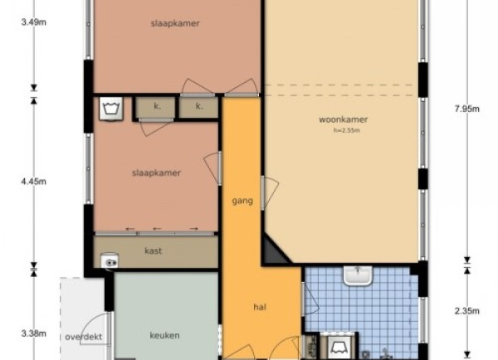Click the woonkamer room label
click(x=344, y=119)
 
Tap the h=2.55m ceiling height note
click(x=346, y=130)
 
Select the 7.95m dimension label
click(x=466, y=109)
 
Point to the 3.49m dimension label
click(x=34, y=22)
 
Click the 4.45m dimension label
click(x=34, y=182)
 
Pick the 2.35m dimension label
click(x=466, y=311)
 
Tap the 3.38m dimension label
click(x=34, y=333)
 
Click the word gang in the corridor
click(x=242, y=201)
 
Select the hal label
click(x=260, y=307)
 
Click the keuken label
click(x=164, y=335)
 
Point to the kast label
click(x=153, y=251)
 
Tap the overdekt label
click(x=84, y=337)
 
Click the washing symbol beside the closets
click(x=111, y=109)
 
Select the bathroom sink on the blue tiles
click(x=358, y=275)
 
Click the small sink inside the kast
click(x=110, y=261)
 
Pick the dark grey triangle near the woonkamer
click(x=275, y=251)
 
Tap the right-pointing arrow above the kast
click(x=193, y=229)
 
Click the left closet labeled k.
click(x=156, y=107)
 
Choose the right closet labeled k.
click(x=198, y=107)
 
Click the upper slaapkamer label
click(x=175, y=23)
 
